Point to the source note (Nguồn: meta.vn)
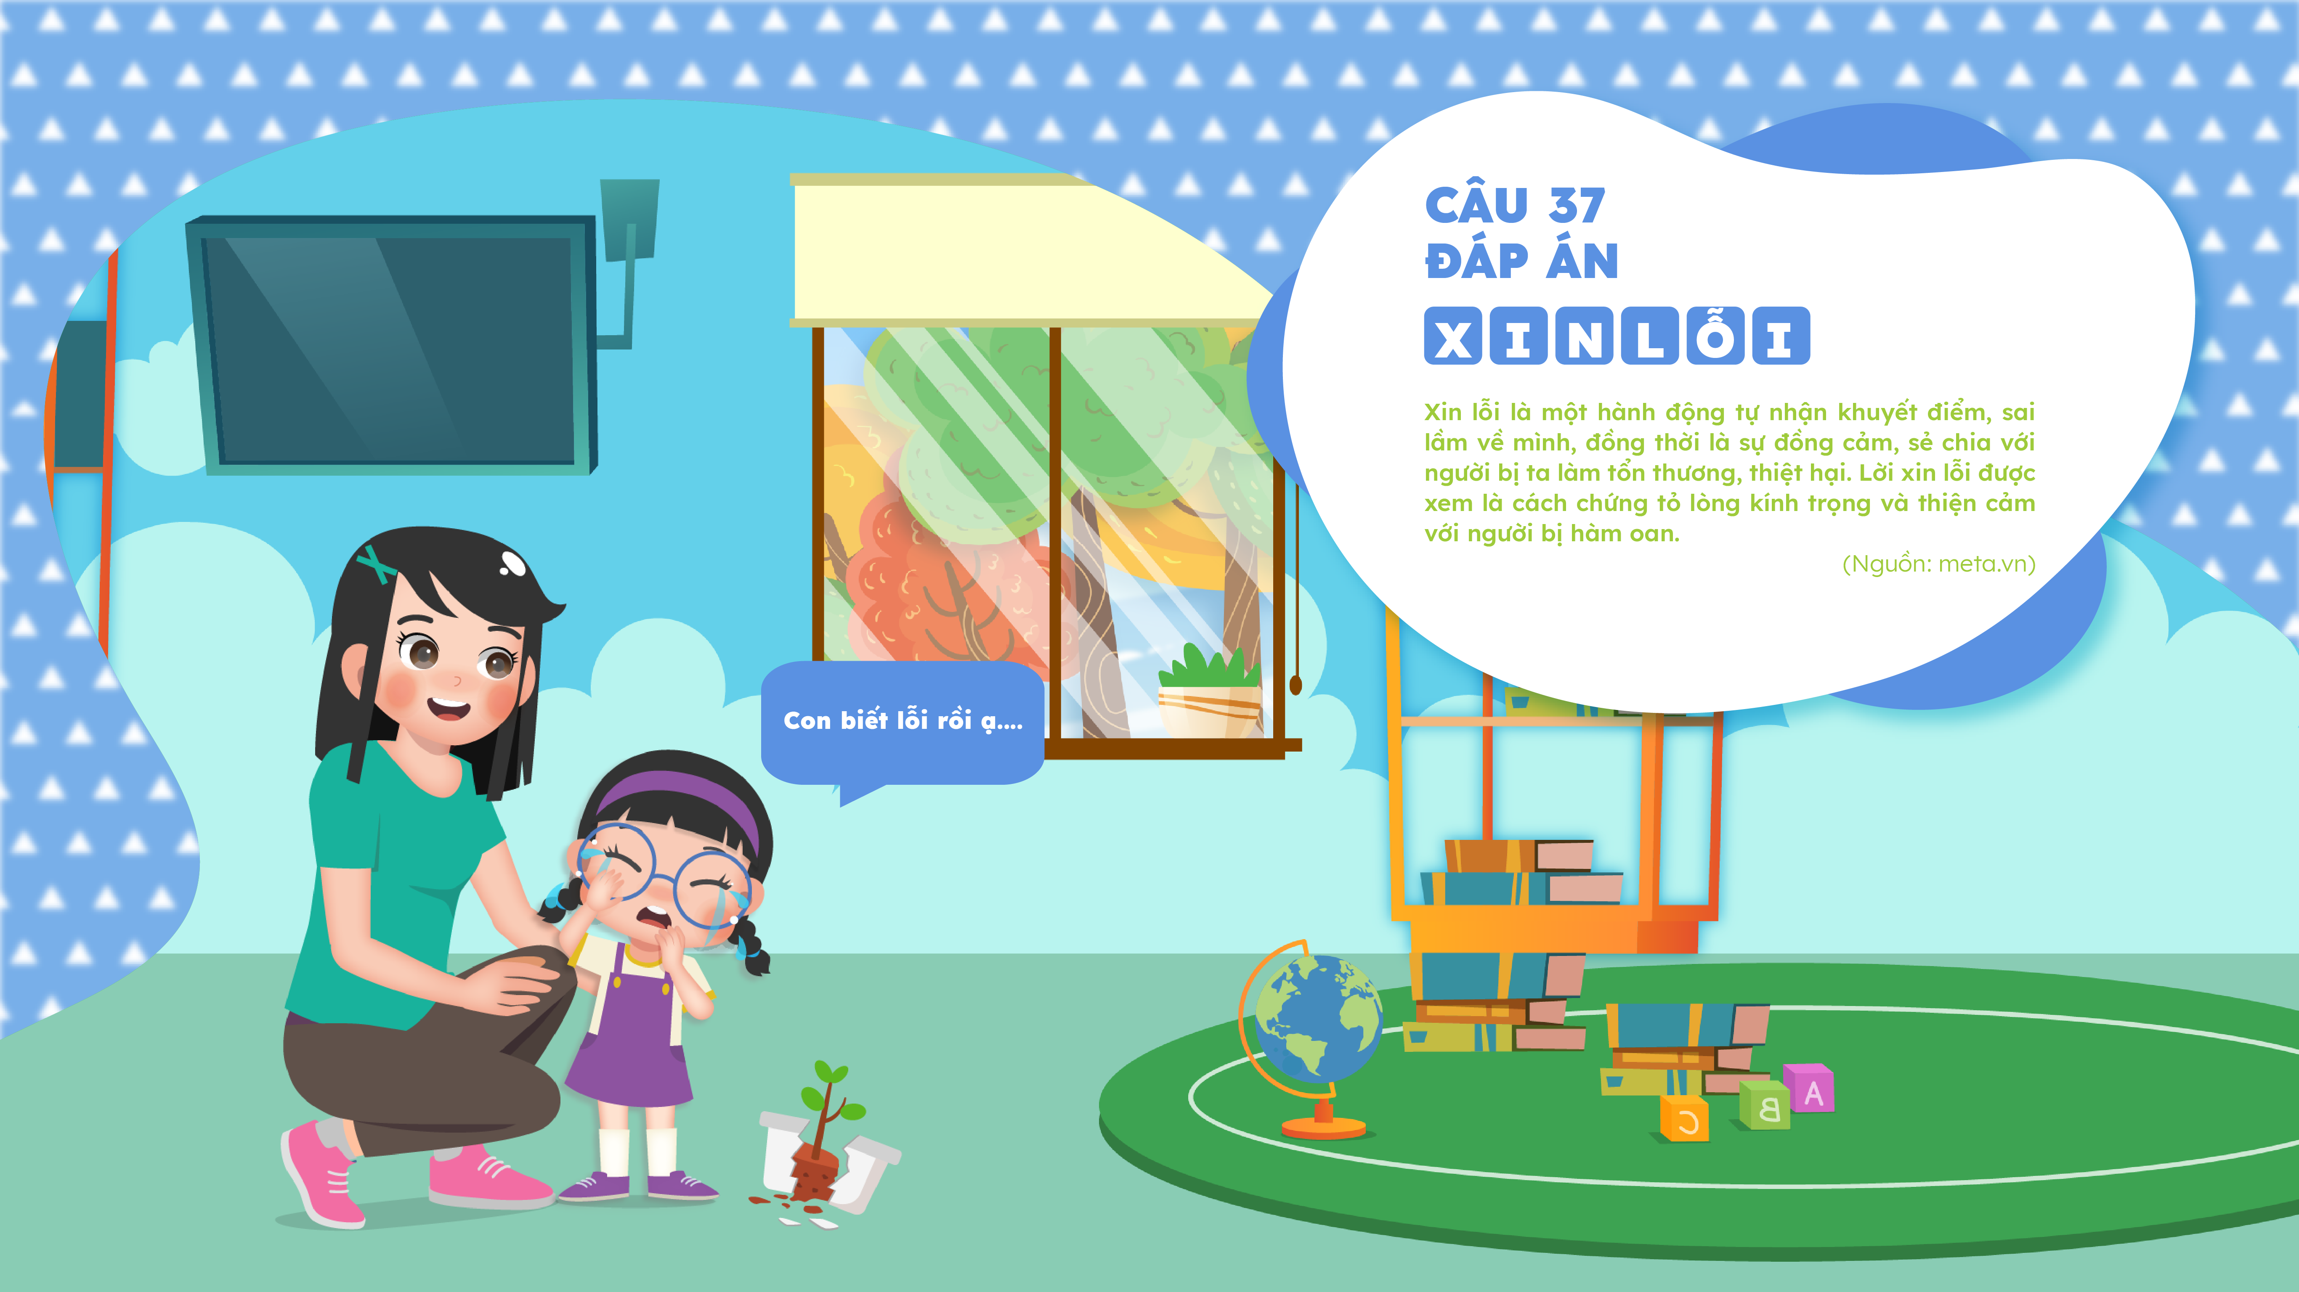point(1938,564)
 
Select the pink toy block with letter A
point(1809,1088)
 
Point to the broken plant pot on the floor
point(826,1151)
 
